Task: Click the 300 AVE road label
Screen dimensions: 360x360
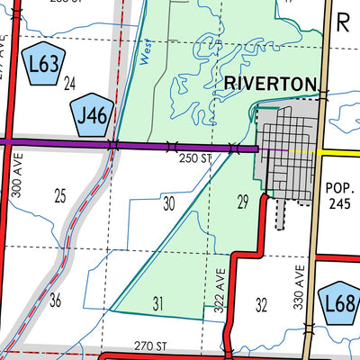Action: pyautogui.click(x=15, y=175)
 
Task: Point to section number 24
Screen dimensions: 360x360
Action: pyautogui.click(x=70, y=85)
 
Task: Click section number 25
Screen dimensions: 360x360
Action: pyautogui.click(x=60, y=195)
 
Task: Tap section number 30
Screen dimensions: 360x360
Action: pyautogui.click(x=168, y=203)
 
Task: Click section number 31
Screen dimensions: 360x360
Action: pyautogui.click(x=158, y=304)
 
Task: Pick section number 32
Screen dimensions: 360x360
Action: pyautogui.click(x=262, y=304)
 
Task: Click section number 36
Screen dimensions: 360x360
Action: pyautogui.click(x=56, y=300)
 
